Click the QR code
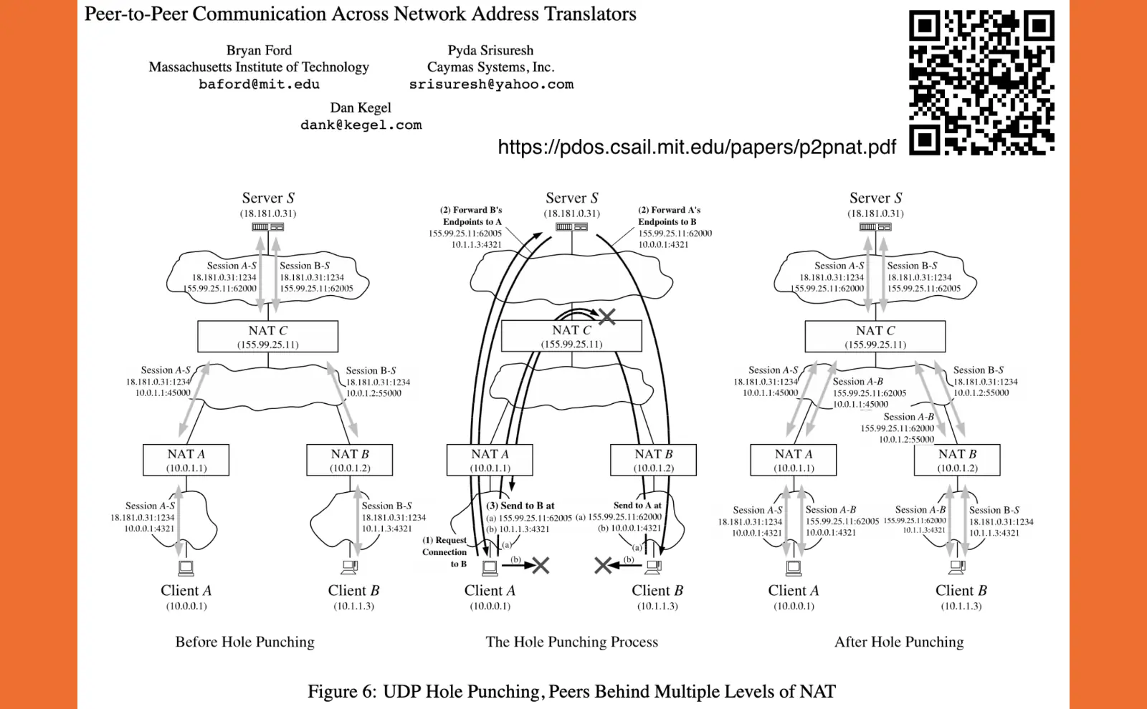(x=981, y=82)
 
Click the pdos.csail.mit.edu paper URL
(x=696, y=147)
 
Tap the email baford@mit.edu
(x=259, y=85)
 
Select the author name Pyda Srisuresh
(x=490, y=50)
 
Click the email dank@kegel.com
(x=361, y=125)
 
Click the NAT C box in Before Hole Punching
(x=267, y=336)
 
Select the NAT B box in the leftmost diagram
(x=350, y=460)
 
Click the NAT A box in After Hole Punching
(x=794, y=460)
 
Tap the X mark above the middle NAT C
(x=607, y=316)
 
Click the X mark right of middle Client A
(x=541, y=566)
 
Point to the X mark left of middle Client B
(x=603, y=566)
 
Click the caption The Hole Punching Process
(x=571, y=642)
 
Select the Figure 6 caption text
(x=571, y=691)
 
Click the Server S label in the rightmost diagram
(x=875, y=198)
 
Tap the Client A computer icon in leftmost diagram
(x=186, y=569)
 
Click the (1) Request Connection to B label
(x=444, y=551)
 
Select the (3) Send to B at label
(x=520, y=505)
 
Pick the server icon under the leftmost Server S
(x=267, y=227)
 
